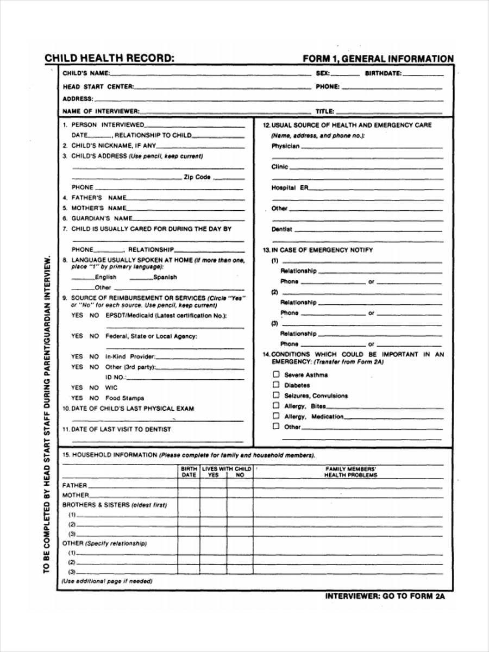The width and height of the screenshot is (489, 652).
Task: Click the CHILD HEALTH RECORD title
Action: [x=109, y=59]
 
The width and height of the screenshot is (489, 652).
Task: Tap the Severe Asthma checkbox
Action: [x=276, y=374]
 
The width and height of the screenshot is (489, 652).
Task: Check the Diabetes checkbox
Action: [x=276, y=385]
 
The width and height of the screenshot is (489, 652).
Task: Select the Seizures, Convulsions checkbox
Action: [x=276, y=395]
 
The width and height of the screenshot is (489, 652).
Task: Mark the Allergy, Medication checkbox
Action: [x=276, y=416]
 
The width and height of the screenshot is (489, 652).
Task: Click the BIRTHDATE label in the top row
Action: [x=383, y=73]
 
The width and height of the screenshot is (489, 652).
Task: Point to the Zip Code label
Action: [x=197, y=177]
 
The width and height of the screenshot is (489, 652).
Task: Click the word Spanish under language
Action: [x=165, y=277]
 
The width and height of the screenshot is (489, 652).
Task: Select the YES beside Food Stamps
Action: [x=77, y=398]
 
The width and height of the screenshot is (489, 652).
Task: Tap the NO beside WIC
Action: [x=94, y=387]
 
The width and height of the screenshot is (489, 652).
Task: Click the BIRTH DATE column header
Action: [x=189, y=471]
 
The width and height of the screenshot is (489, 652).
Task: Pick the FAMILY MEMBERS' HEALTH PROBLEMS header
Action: [x=350, y=471]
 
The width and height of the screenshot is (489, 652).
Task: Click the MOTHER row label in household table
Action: [x=76, y=495]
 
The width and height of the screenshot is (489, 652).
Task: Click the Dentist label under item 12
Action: [x=281, y=229]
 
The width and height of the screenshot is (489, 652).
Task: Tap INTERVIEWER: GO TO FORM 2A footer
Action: [x=385, y=596]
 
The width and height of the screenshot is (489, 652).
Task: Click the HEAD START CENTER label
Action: [x=97, y=87]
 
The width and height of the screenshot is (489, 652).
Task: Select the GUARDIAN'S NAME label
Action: [x=102, y=218]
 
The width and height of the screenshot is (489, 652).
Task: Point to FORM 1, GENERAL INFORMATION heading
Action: [x=378, y=59]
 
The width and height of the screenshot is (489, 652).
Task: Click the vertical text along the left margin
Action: [x=47, y=413]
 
